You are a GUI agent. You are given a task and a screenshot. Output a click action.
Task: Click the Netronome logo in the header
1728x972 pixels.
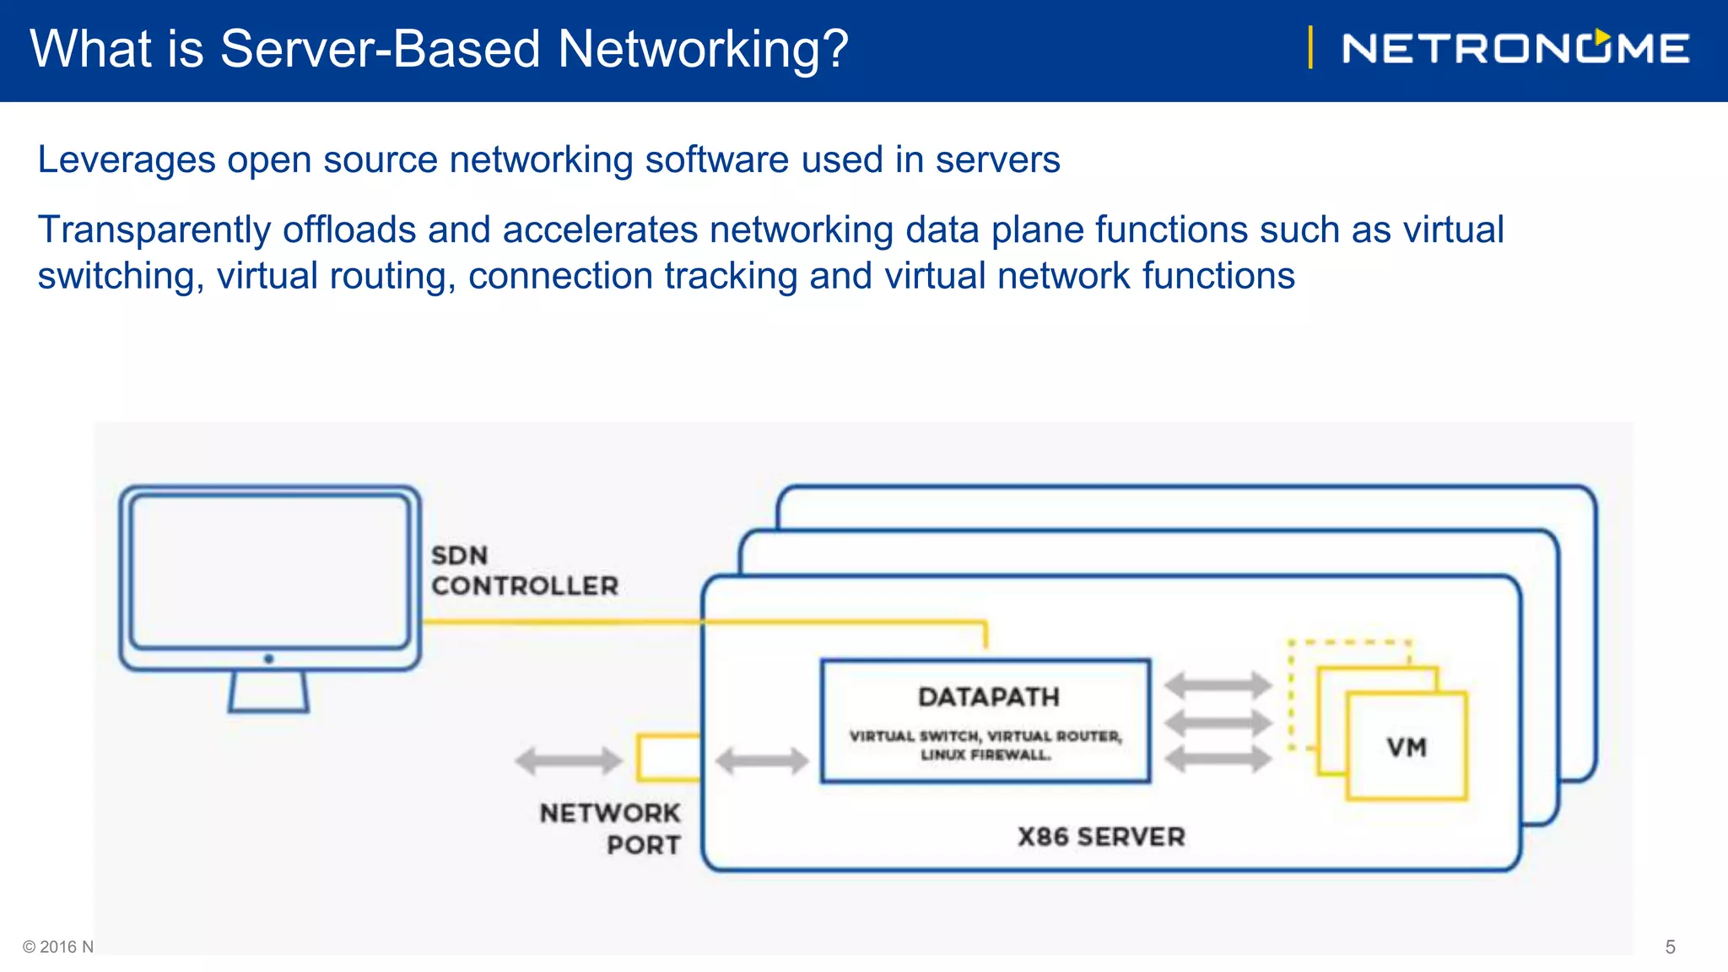pos(1515,48)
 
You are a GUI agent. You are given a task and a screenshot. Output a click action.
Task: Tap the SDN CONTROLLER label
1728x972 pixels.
pos(524,570)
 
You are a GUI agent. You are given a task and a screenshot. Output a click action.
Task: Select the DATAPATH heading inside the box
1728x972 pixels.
pos(988,697)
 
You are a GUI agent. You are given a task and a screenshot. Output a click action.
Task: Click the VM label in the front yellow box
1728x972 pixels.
pos(1407,748)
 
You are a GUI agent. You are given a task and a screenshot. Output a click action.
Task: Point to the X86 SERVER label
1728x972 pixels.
pos(1101,837)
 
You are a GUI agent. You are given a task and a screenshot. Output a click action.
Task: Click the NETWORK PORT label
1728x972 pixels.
pos(611,829)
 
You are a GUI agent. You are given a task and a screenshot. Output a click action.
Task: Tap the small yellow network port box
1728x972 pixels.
pos(667,757)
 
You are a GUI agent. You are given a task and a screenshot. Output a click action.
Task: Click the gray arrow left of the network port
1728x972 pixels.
pos(568,760)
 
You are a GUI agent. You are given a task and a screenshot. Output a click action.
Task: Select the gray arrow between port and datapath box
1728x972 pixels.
pos(762,760)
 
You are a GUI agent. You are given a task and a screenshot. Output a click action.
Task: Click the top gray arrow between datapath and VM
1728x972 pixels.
pos(1218,685)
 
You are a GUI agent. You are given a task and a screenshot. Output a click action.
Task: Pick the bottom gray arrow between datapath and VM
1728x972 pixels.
pos(1218,759)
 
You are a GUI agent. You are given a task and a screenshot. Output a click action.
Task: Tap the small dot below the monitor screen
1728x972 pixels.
pos(268,658)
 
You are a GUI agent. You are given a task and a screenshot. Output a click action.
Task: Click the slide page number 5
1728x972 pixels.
pos(1670,947)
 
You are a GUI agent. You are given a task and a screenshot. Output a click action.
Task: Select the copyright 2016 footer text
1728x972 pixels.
pos(57,947)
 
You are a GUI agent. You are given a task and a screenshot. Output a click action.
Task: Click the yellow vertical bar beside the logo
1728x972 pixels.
pos(1310,47)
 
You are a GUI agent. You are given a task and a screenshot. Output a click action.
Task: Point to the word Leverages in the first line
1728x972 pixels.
pos(127,159)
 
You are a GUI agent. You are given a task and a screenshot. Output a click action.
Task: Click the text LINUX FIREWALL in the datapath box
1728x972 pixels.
pos(985,755)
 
